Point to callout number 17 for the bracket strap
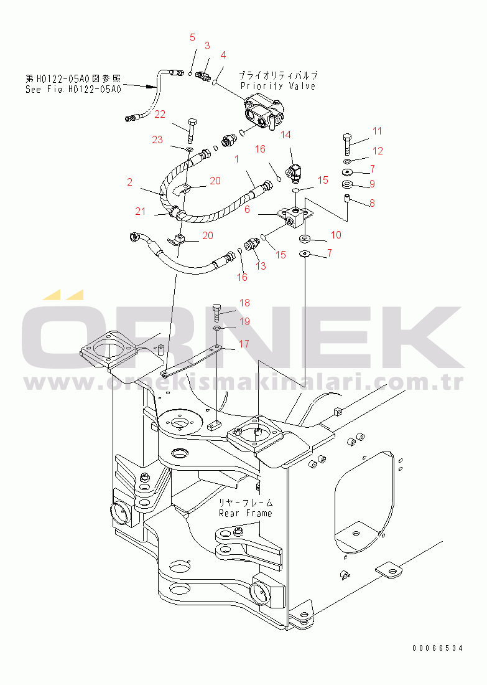(x=244, y=343)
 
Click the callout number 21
(x=141, y=211)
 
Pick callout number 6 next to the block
(x=247, y=210)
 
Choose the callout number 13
(x=261, y=266)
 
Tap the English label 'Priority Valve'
(x=278, y=86)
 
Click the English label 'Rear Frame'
(x=245, y=513)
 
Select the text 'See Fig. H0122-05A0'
(x=73, y=89)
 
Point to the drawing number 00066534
(x=437, y=648)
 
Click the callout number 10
(x=335, y=235)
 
